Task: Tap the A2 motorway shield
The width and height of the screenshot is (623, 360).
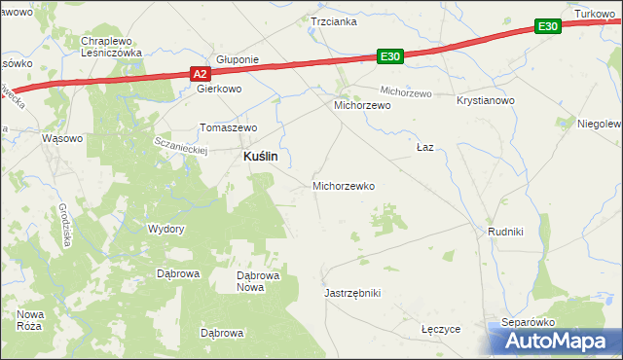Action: coord(198,73)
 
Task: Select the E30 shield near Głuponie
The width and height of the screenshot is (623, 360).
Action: coord(390,57)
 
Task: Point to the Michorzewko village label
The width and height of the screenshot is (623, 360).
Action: coord(343,185)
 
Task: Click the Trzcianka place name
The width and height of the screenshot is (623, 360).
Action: coord(334,20)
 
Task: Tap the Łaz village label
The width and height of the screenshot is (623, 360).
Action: coord(424,147)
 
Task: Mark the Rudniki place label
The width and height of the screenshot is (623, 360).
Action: coord(506,232)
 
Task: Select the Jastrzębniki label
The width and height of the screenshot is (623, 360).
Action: coord(351,292)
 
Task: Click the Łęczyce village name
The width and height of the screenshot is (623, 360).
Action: coord(441,330)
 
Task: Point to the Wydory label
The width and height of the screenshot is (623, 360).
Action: coord(165,229)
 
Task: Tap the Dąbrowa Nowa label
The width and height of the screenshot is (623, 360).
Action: coord(259,281)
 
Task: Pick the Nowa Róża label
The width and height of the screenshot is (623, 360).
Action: coord(31,320)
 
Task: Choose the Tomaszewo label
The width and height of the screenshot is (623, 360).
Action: coord(227,127)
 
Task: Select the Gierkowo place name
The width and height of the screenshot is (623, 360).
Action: coord(219,88)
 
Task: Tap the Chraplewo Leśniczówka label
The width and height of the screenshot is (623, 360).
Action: coord(112,47)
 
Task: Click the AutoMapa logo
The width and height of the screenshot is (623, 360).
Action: coord(555,341)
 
